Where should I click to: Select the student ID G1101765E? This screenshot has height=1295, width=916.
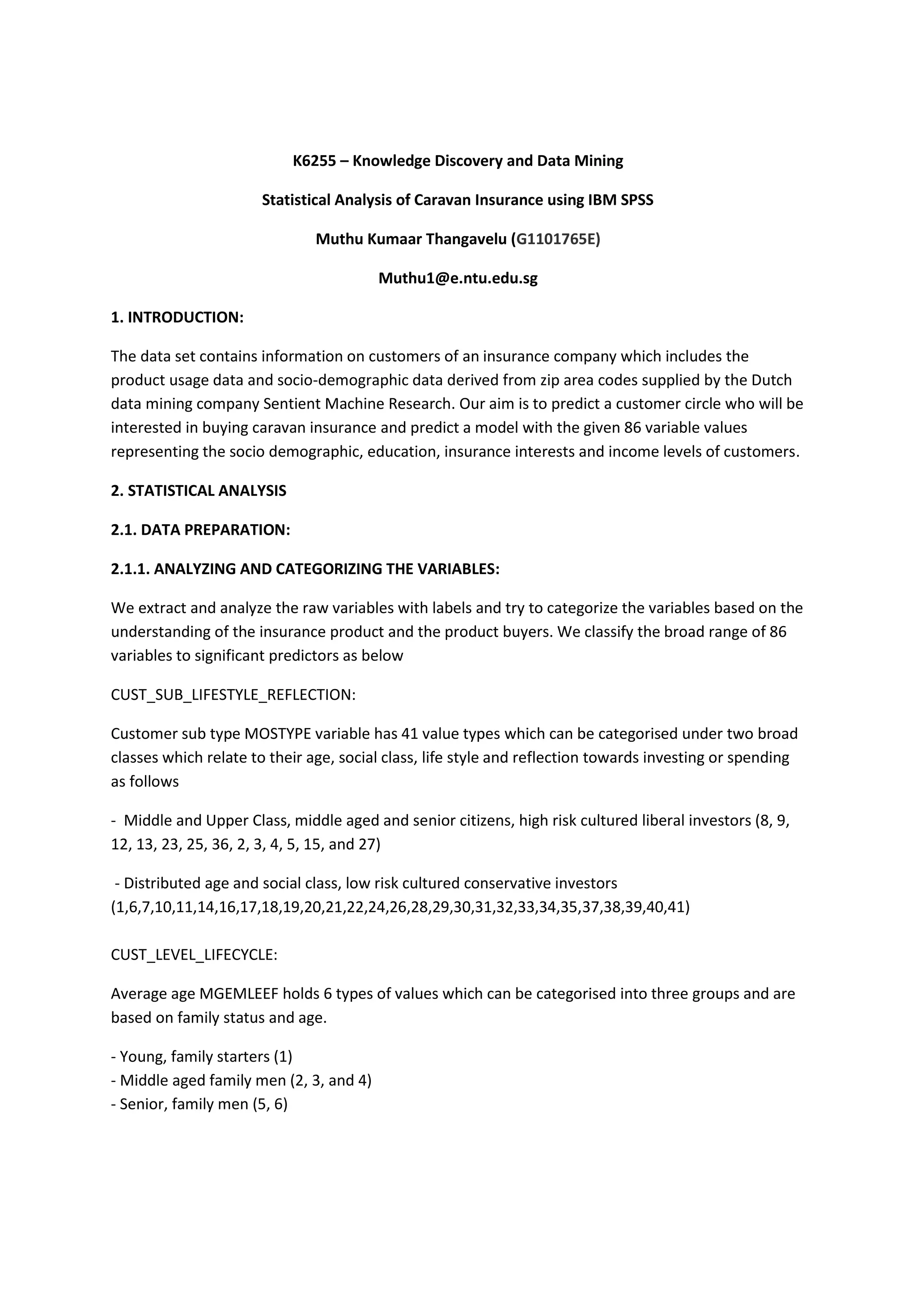pos(555,239)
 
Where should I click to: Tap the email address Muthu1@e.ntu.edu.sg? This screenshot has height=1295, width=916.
pos(458,278)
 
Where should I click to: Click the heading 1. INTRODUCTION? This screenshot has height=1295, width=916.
pos(177,317)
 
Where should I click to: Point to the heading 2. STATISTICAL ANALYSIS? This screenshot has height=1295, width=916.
pos(199,491)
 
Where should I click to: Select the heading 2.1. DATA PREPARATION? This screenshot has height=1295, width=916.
pos(200,529)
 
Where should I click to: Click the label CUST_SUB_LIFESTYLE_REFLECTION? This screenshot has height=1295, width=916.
pos(233,695)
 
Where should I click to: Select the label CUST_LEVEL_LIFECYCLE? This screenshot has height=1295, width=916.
pos(194,955)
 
